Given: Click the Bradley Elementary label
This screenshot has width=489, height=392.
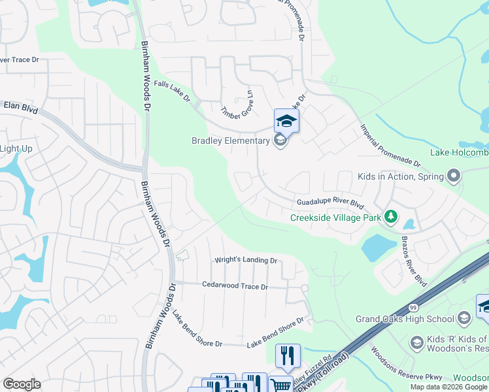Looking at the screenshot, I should [230, 140].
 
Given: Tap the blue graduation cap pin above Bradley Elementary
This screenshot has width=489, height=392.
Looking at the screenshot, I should [286, 121].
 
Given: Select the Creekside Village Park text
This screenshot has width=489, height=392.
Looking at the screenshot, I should [334, 218].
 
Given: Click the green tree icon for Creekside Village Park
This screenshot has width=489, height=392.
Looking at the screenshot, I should [391, 216].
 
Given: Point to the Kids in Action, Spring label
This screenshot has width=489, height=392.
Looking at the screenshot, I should [399, 176].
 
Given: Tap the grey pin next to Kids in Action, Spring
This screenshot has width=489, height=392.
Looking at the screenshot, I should [453, 176].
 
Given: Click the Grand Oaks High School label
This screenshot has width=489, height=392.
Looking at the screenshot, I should [405, 319].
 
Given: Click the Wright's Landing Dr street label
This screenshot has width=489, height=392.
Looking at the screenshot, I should [246, 260].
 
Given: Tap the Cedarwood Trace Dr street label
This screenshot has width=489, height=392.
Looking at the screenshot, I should [235, 286].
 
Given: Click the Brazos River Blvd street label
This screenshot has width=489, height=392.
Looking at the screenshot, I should [414, 261].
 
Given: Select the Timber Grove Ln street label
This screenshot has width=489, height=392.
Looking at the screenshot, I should [237, 104].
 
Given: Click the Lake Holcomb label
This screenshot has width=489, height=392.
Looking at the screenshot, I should [459, 153].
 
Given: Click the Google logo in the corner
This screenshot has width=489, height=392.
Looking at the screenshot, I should [22, 384].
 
